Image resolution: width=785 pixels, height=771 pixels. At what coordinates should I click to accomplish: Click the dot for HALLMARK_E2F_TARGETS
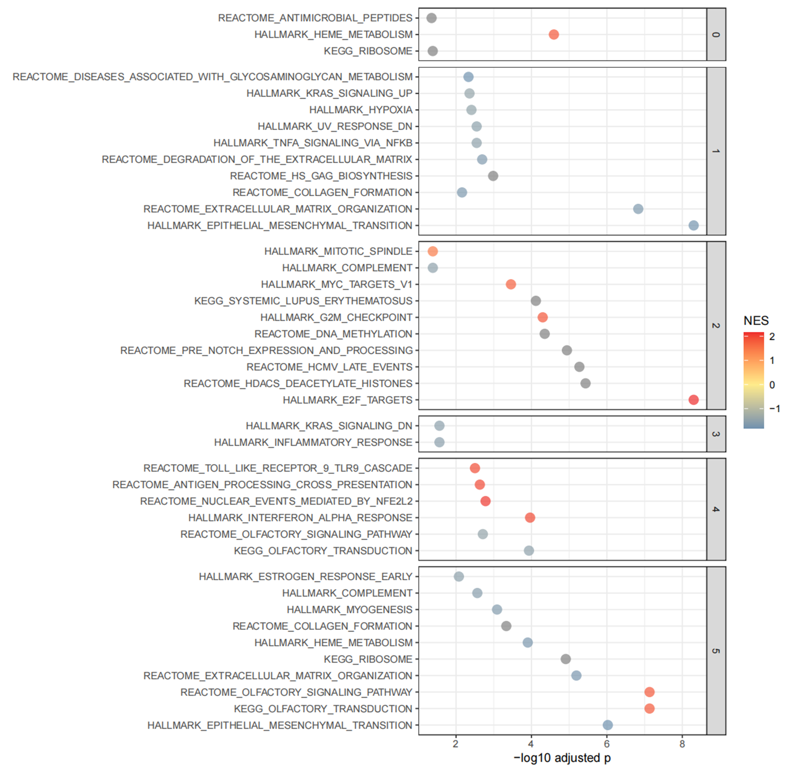693,400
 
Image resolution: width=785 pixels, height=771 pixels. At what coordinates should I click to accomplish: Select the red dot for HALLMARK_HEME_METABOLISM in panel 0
553,34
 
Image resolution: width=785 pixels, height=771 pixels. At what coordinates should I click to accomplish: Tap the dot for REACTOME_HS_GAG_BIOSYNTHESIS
493,176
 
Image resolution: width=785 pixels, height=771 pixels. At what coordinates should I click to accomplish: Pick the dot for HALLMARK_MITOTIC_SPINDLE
432,251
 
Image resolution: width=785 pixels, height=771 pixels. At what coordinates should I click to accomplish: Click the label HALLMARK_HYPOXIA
361,110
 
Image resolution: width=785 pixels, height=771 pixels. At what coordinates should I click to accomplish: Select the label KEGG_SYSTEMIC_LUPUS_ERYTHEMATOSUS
303,301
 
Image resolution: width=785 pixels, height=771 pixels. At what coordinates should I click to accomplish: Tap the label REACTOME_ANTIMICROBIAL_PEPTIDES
315,18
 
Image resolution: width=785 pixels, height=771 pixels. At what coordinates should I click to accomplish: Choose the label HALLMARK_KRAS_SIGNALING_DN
329,425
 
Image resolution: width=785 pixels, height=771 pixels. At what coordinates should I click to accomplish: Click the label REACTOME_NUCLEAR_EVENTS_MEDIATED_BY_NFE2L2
276,501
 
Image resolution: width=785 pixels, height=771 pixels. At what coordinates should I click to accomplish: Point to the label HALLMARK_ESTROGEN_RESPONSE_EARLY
305,576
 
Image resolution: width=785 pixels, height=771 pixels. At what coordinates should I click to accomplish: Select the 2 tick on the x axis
456,743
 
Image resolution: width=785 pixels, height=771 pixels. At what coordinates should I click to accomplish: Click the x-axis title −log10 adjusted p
562,758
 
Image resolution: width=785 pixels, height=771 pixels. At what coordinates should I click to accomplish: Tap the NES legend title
756,321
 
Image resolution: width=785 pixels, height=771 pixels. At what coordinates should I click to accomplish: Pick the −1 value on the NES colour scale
774,409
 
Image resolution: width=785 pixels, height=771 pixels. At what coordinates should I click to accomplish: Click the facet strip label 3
716,434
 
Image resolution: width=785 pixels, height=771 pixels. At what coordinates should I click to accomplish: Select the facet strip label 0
716,34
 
